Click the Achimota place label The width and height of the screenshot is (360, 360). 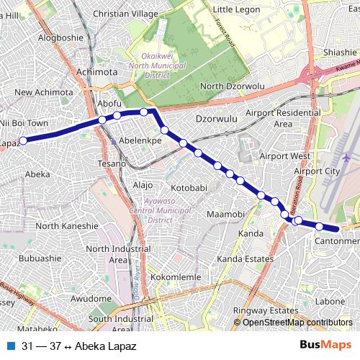[96, 72]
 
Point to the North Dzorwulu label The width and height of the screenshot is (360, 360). [233, 86]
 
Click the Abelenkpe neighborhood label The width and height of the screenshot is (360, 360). [140, 140]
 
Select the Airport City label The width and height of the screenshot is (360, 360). [317, 171]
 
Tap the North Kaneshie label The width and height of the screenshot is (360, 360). [66, 225]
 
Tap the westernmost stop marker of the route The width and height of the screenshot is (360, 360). [23, 140]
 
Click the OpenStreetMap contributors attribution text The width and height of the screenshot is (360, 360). [297, 323]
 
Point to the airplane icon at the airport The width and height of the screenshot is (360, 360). [346, 156]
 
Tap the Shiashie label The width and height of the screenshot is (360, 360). [340, 52]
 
